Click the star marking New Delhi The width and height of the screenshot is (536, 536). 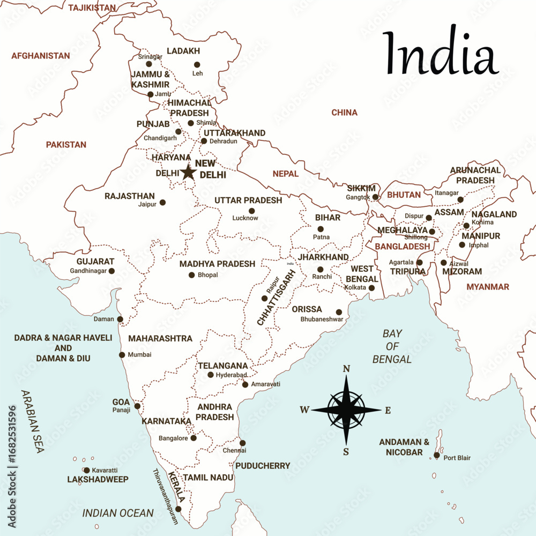coord(188,172)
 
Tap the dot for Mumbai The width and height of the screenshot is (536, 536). coord(122,355)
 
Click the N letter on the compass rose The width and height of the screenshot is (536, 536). coord(346,369)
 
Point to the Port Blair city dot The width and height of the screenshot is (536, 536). coord(437,455)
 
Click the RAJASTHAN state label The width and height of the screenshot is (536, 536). coord(130,196)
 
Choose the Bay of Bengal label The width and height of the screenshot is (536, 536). coord(392,346)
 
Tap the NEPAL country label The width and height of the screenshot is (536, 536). coord(285,174)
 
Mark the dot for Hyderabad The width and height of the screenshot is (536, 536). coord(211,375)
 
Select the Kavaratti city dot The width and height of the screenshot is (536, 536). coord(87,470)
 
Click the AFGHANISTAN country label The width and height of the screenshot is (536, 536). coord(41,56)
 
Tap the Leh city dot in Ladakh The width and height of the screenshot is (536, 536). coord(196,64)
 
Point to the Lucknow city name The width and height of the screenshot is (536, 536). coord(245,218)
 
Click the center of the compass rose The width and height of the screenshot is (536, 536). coord(346,410)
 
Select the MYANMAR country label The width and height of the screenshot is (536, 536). coord(488,287)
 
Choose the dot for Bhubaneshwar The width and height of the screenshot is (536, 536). coord(339,312)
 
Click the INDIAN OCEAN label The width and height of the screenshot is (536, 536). coord(118,513)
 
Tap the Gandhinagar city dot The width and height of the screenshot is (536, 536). coord(111,271)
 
